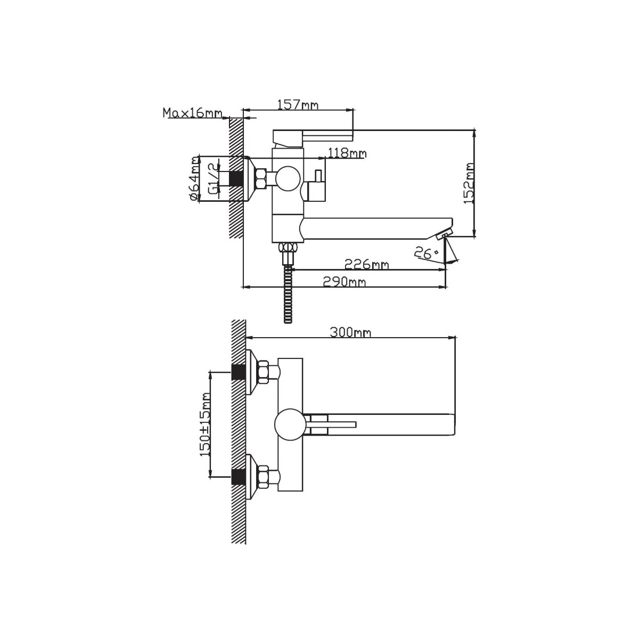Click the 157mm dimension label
298,105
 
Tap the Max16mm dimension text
192,113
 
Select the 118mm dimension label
347,153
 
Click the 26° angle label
426,253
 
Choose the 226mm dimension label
366,264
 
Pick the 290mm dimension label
344,282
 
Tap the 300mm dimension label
350,332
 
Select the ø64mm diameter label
194,178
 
